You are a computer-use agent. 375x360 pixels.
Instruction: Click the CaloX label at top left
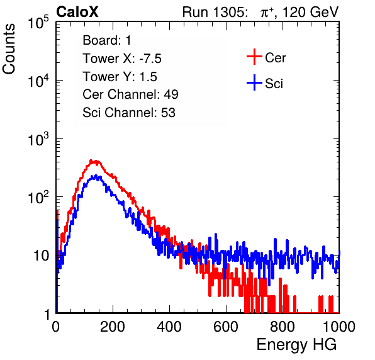click(77, 12)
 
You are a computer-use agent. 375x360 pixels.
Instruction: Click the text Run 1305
click(215, 12)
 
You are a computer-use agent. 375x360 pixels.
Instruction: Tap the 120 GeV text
click(310, 12)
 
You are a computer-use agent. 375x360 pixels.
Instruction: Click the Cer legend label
click(275, 58)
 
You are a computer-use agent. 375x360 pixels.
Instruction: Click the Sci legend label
click(274, 84)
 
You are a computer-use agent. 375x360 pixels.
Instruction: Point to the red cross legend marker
click(254, 57)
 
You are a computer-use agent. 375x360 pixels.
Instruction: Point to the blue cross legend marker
click(254, 82)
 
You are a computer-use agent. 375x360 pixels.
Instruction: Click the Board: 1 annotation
click(107, 40)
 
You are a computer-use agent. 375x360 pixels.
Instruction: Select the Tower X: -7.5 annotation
click(122, 59)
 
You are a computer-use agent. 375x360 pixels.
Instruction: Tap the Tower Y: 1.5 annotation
click(120, 77)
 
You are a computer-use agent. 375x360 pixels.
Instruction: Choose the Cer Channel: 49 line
click(130, 94)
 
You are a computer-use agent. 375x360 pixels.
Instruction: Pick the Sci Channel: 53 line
click(129, 113)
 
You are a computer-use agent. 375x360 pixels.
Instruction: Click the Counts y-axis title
click(9, 49)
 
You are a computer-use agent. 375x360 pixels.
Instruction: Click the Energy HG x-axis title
click(296, 344)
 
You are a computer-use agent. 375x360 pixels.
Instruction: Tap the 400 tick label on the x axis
click(169, 327)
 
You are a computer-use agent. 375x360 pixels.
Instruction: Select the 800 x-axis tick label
click(283, 327)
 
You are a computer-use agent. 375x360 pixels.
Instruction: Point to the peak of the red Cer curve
click(91, 160)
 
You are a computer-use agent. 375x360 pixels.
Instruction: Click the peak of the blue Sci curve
click(95, 176)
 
